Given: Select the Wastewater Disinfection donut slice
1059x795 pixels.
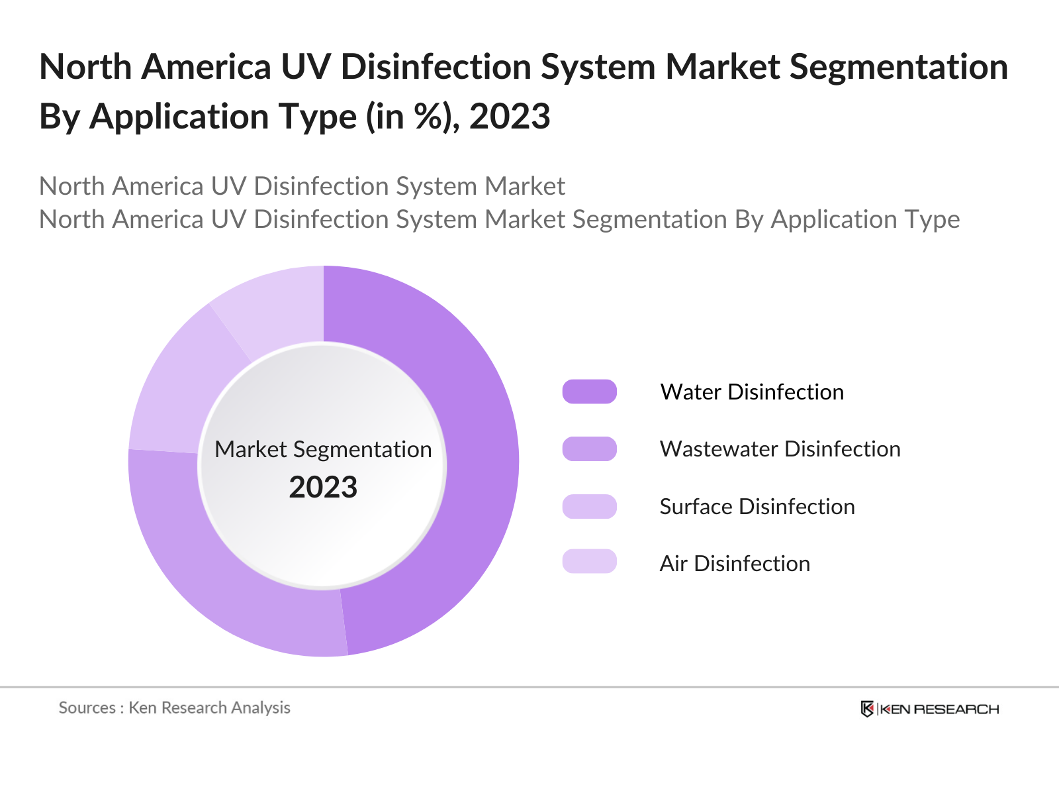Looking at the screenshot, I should [218, 570].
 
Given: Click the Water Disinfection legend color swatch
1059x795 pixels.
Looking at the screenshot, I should [589, 392].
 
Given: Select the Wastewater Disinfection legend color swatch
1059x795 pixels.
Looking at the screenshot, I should [589, 449].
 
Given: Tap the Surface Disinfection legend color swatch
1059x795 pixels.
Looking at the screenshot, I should [589, 506].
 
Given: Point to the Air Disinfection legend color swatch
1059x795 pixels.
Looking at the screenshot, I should [589, 562].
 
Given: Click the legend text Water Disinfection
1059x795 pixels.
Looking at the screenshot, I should [752, 392].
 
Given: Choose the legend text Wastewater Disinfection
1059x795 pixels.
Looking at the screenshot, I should [780, 449].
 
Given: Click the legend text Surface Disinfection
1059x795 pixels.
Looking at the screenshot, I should [757, 506].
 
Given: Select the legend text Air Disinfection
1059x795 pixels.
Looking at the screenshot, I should [735, 563].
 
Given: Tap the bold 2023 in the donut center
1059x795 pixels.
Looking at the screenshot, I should [323, 488].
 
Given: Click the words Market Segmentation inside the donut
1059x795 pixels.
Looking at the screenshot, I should [323, 449].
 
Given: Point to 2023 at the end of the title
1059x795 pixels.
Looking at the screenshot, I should [510, 117].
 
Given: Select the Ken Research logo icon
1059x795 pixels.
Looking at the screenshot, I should [866, 709].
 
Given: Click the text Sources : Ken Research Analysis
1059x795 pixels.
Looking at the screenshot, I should [174, 708].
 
